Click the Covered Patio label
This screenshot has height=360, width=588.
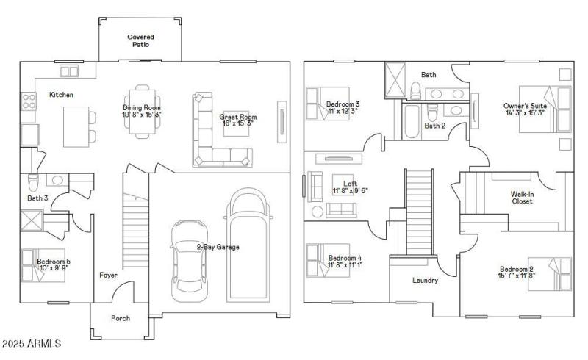click(x=140, y=40)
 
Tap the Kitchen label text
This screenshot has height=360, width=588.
click(x=61, y=95)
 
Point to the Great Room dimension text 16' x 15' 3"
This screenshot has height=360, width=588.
click(x=237, y=124)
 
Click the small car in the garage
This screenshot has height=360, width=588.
click(x=187, y=261)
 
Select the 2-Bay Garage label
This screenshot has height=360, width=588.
click(x=218, y=247)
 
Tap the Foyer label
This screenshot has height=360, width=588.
click(x=108, y=276)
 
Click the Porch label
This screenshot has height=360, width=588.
click(x=121, y=318)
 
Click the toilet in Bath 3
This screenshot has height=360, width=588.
click(x=33, y=181)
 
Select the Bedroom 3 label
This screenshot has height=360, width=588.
click(x=343, y=104)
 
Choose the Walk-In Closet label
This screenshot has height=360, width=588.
click(x=522, y=197)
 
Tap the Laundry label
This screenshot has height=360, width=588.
click(x=426, y=281)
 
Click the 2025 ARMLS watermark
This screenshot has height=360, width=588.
click(x=32, y=343)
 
